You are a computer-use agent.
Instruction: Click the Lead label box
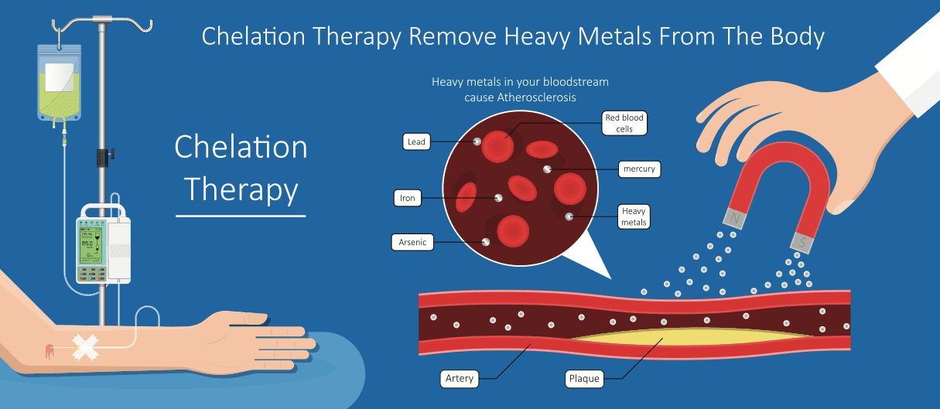tap(416, 141)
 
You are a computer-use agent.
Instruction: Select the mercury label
tap(639, 169)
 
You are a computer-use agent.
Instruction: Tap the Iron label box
tap(407, 198)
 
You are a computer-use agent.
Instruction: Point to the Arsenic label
tap(412, 242)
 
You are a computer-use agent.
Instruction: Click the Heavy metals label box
tap(634, 216)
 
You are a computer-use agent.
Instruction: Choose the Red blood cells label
tap(624, 123)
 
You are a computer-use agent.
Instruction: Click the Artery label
tap(459, 378)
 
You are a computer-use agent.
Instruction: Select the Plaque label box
tap(584, 378)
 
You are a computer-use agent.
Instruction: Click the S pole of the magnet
tap(802, 243)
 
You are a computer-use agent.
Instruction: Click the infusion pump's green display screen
tap(92, 246)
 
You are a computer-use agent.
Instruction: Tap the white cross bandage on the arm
tap(85, 347)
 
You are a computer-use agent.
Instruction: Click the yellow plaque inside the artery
tap(692, 336)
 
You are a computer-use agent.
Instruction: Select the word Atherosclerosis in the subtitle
tap(536, 97)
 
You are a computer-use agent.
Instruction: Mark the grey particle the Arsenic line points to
tap(486, 242)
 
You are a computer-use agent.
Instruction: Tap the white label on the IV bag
tap(59, 77)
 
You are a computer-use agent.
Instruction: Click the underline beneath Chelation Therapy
tap(241, 216)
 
